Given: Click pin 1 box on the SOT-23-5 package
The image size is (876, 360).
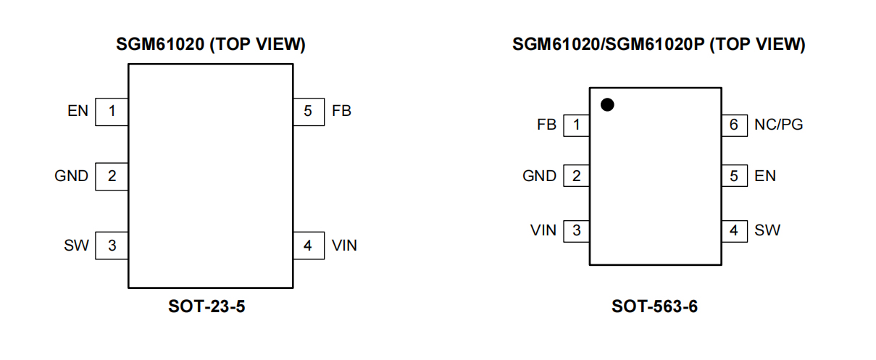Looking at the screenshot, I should click(112, 112).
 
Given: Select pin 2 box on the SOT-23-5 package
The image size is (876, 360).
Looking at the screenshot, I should click(112, 176).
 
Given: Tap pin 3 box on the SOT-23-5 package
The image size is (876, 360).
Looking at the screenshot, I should click(112, 246).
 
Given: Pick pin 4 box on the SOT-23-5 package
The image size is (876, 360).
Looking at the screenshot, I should click(308, 246).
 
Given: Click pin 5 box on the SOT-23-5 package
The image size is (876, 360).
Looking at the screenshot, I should click(308, 112).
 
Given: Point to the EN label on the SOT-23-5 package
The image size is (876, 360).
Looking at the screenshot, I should click(78, 112).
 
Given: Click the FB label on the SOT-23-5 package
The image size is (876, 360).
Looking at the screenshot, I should click(341, 112).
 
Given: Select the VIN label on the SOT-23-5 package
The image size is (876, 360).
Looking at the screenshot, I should click(344, 246).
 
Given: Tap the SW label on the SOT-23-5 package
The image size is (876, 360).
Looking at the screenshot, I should click(76, 246).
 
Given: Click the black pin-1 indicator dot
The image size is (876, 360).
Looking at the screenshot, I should click(607, 105).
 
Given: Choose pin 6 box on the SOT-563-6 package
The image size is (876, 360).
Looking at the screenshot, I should click(733, 125).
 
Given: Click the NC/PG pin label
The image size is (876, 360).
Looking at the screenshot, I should click(778, 125).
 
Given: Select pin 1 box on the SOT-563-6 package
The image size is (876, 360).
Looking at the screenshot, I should click(576, 125).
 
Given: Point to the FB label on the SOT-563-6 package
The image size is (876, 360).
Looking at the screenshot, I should click(546, 125).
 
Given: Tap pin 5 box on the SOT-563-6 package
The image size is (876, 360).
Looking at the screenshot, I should click(733, 176).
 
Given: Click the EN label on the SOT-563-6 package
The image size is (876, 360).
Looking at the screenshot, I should click(764, 176).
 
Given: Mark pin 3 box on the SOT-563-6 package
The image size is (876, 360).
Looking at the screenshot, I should click(576, 231).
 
